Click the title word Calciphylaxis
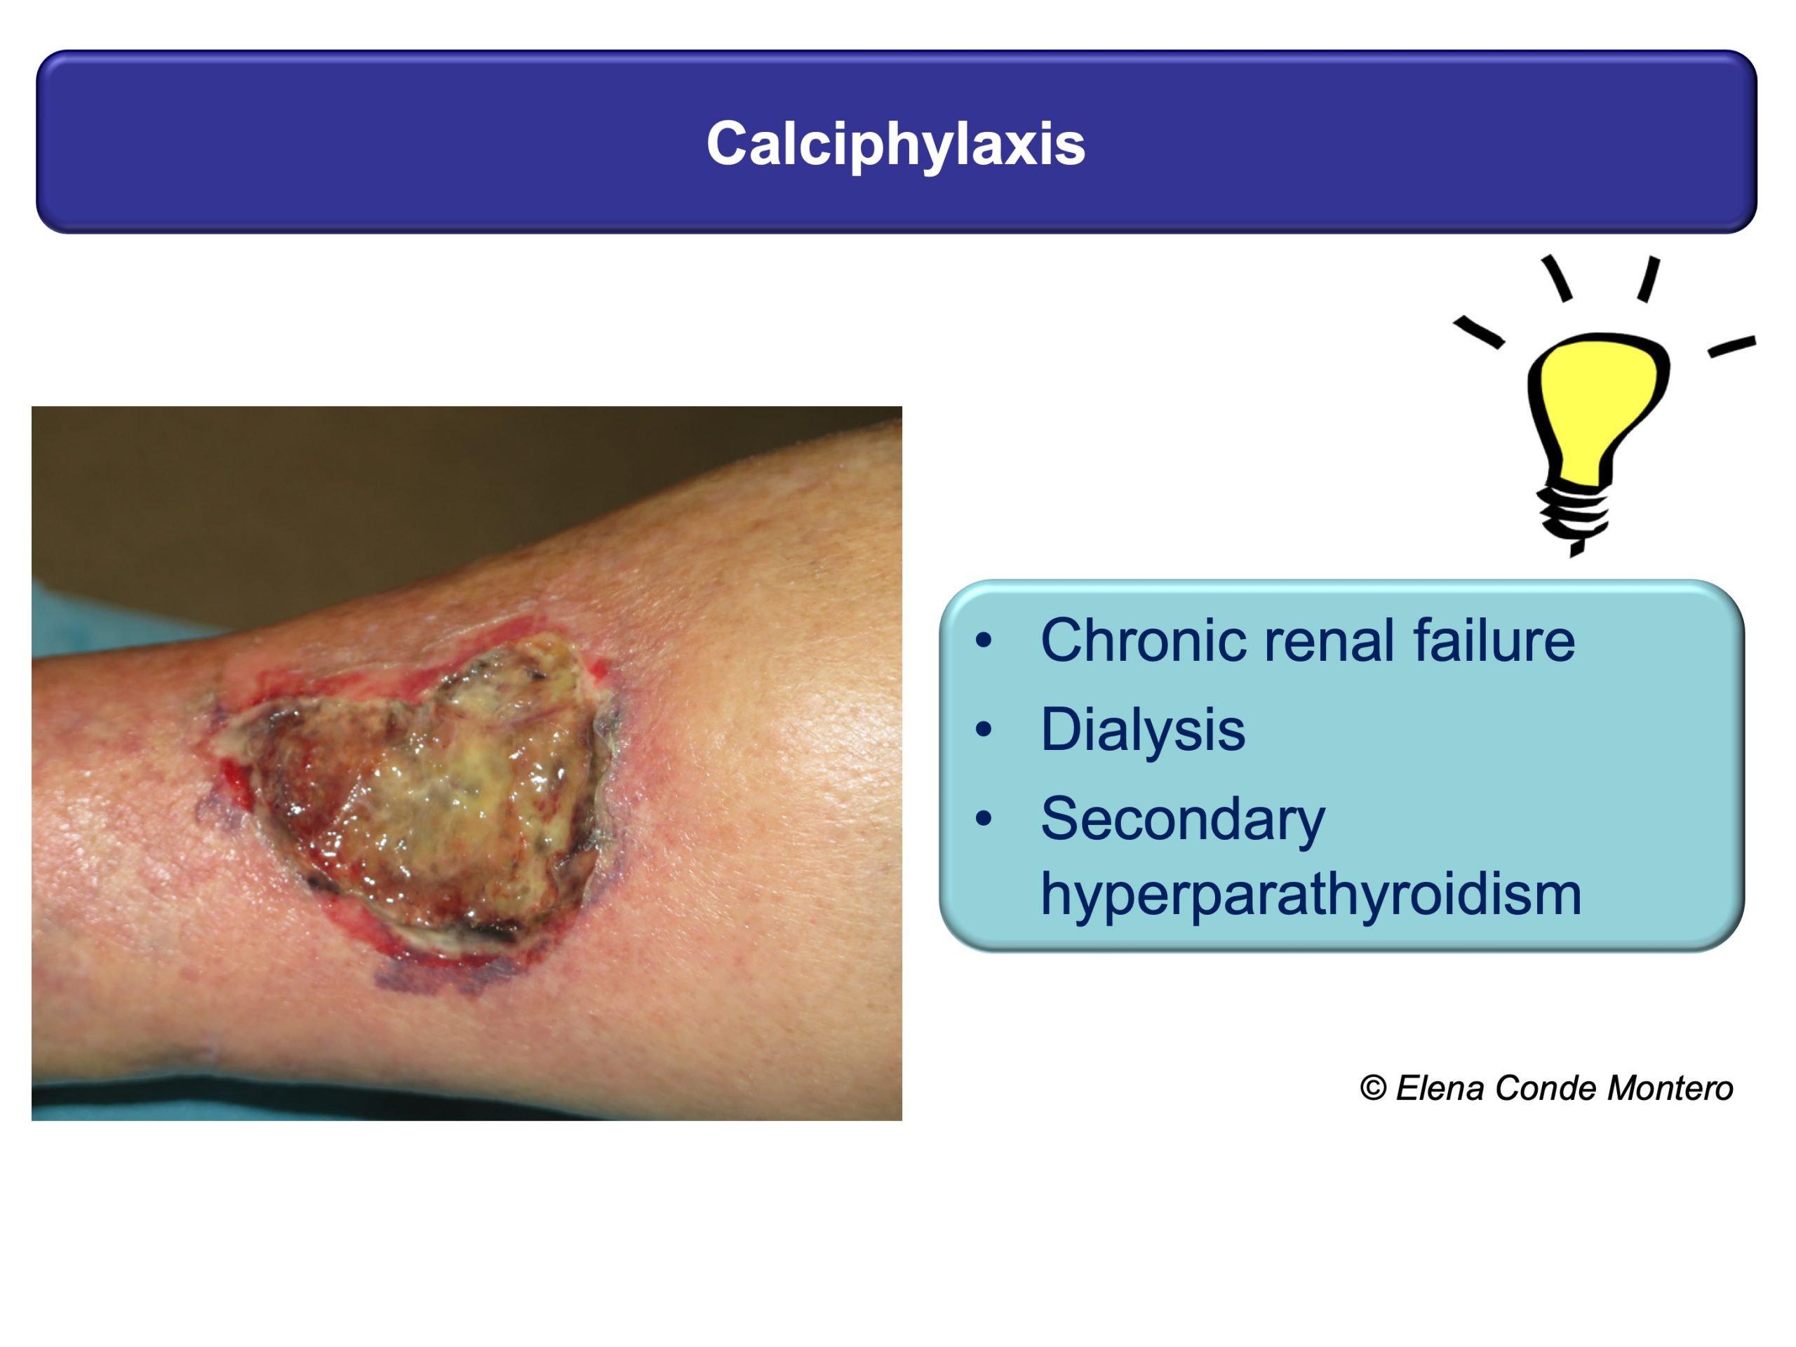(896, 145)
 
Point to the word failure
(1494, 641)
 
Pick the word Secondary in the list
(1183, 819)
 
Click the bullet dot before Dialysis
(984, 729)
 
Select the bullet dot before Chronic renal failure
(984, 641)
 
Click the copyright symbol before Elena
(1373, 1088)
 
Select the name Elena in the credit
(1440, 1088)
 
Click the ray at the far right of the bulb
(1732, 347)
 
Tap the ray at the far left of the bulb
(1477, 332)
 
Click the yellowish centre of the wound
(455, 796)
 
